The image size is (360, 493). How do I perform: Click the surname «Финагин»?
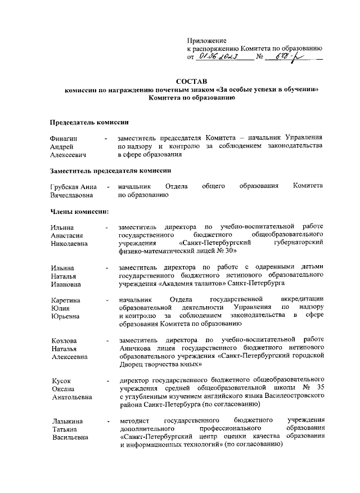tap(64, 138)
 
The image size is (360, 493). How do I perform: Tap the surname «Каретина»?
tap(65, 301)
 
